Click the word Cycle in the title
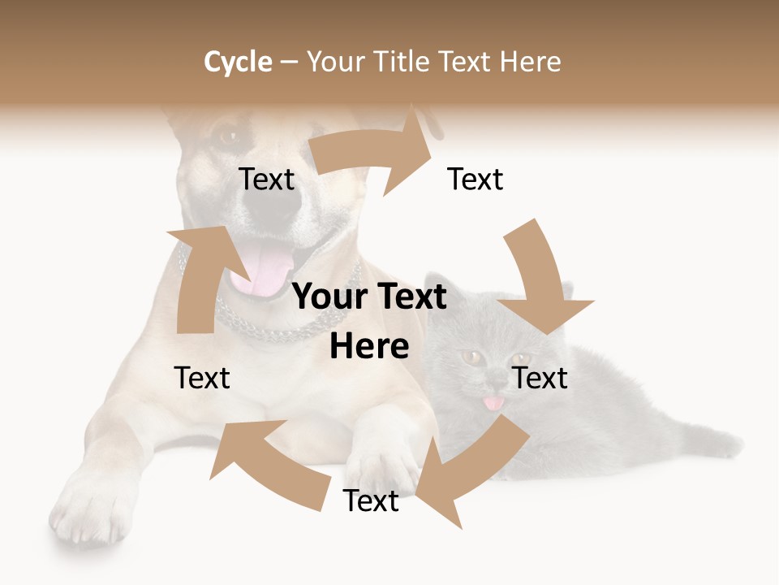[238, 62]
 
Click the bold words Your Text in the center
[369, 297]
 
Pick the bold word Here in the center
[369, 346]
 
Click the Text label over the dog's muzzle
[267, 180]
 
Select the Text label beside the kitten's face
[540, 378]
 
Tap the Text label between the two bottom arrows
[371, 501]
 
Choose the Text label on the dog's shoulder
[202, 378]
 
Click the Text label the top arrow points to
[476, 180]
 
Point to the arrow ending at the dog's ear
[373, 154]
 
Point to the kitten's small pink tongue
[492, 402]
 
